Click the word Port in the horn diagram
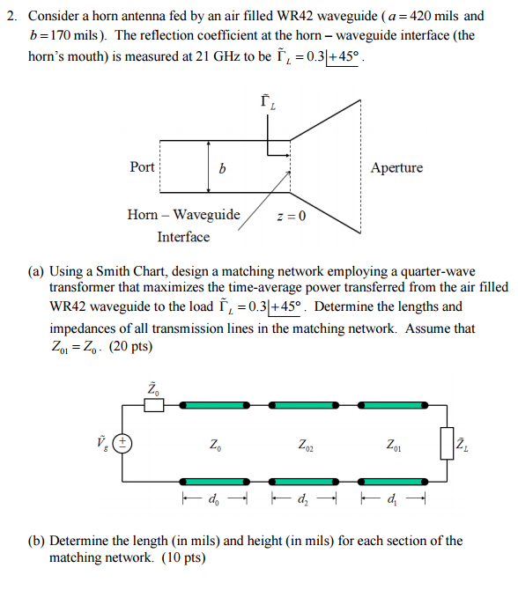coord(142,167)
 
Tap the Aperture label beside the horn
coord(396,167)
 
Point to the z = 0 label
coord(291,217)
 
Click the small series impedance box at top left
coord(153,405)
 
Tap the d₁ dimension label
coord(393,502)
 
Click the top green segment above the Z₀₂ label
coord(305,405)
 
